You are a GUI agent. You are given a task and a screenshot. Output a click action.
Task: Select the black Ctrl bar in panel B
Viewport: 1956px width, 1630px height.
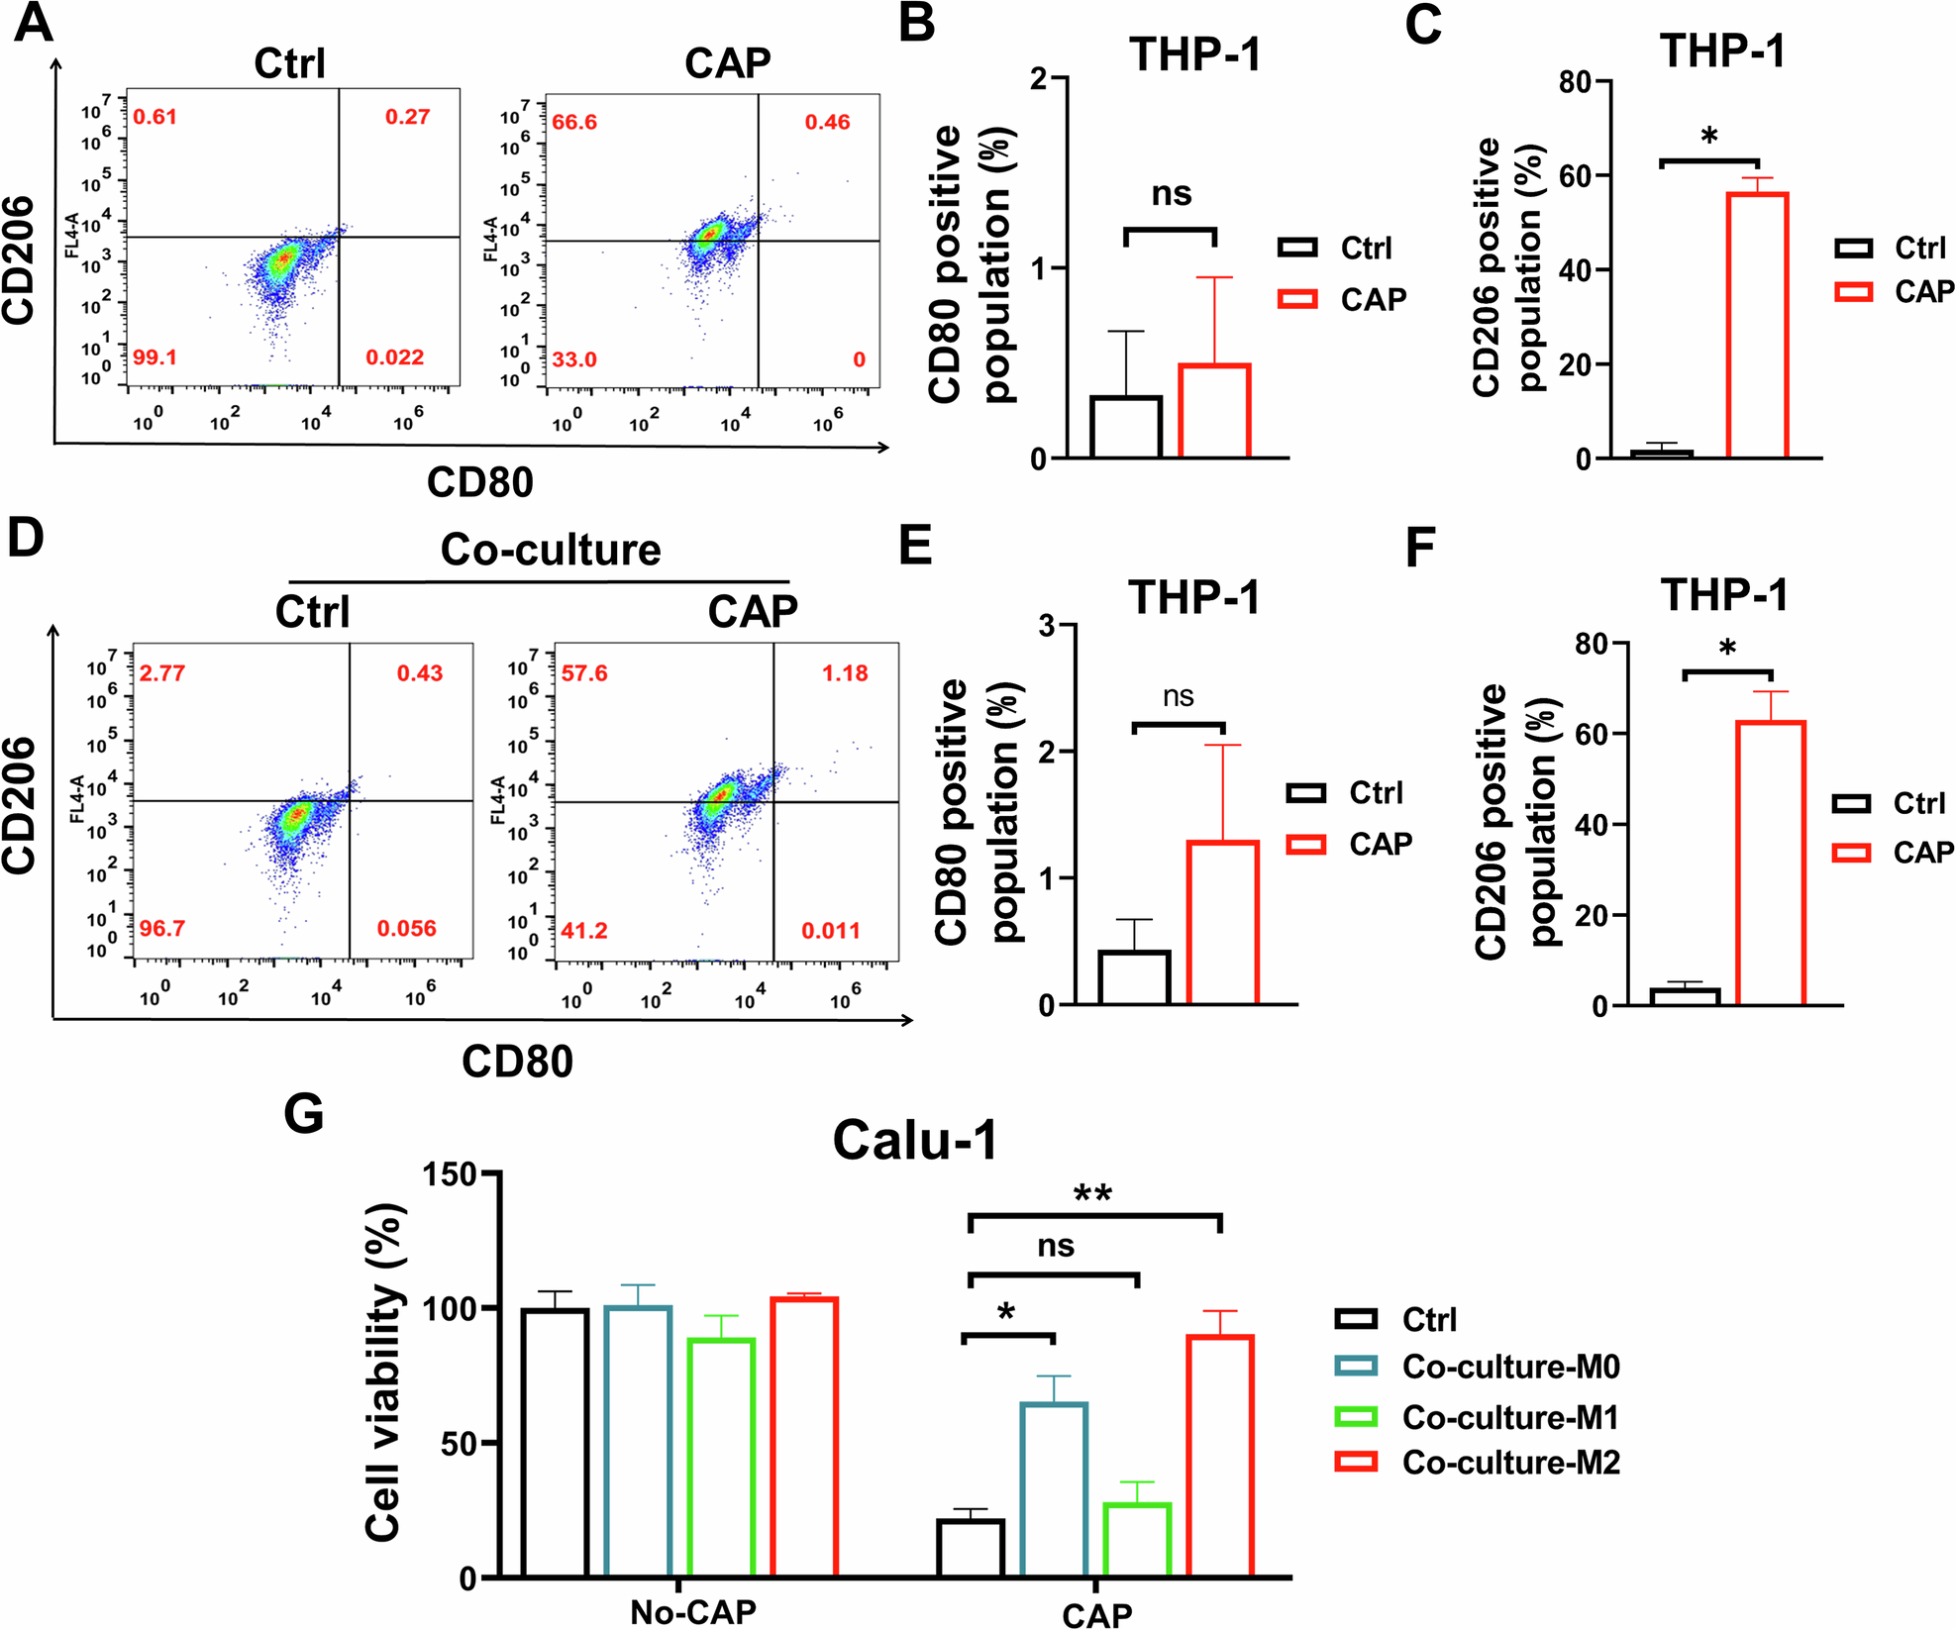click(x=1126, y=427)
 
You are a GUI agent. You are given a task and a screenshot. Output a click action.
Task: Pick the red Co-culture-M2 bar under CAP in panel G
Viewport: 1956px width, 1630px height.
click(x=1220, y=1455)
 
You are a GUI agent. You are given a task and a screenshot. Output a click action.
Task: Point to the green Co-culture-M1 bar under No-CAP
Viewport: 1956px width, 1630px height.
click(x=721, y=1456)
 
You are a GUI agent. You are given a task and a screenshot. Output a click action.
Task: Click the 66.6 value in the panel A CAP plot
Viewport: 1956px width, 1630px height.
click(x=574, y=122)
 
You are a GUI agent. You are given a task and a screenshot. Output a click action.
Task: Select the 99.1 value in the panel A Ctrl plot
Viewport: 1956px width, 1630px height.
click(x=154, y=357)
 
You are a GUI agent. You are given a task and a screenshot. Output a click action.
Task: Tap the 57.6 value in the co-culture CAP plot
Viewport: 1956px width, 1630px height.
click(x=584, y=673)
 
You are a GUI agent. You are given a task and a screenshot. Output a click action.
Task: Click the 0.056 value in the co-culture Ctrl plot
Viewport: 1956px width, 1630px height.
click(x=406, y=929)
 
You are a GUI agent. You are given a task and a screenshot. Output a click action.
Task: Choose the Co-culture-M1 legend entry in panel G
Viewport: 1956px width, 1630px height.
click(x=1509, y=1417)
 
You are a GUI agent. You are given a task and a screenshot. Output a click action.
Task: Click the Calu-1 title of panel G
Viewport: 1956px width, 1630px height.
click(x=914, y=1141)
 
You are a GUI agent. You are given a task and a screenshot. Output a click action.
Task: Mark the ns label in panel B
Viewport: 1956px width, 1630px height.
click(x=1171, y=194)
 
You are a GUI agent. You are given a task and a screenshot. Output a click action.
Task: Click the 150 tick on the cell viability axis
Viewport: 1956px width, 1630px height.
click(x=450, y=1174)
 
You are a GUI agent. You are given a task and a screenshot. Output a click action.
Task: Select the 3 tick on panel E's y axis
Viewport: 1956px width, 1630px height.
click(x=1047, y=626)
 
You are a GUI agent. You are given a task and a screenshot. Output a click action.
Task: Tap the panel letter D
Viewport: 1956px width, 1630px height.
click(x=27, y=537)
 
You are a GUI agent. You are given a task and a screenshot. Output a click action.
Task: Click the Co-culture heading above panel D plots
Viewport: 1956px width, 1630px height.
click(x=551, y=550)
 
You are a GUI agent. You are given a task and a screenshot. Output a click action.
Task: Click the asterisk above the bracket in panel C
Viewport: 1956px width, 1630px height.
click(x=1709, y=137)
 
